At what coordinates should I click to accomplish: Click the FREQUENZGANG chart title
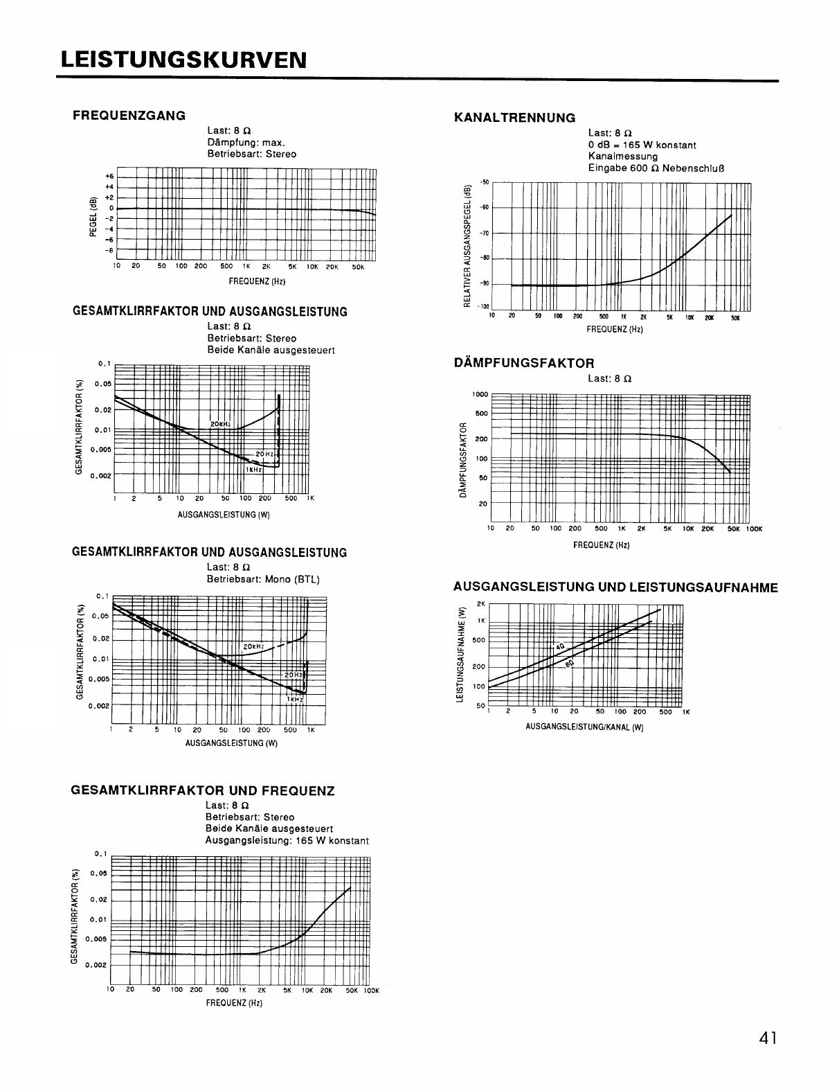coord(129,116)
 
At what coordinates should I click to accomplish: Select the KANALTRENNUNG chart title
coord(514,118)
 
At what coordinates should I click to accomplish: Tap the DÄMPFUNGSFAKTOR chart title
coord(523,363)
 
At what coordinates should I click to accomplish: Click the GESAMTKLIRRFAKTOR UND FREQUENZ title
coord(204,790)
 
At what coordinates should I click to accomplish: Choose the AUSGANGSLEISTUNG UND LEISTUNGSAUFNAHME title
coord(615,588)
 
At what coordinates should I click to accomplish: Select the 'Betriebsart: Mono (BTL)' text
coord(263,579)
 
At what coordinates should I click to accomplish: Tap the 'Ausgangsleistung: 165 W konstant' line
coord(287,841)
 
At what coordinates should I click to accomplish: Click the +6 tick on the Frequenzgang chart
coord(109,177)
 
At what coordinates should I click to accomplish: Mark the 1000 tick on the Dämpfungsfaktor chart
coord(480,395)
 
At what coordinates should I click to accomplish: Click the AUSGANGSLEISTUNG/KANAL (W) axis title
coord(584,727)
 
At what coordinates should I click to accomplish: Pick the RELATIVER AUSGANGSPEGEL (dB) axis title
coord(467,246)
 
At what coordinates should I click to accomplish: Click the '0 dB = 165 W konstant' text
coord(642,145)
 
